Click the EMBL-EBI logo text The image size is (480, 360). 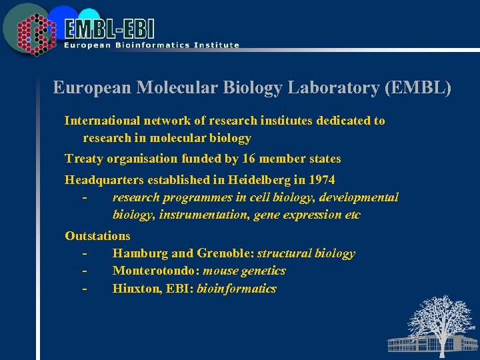(110, 28)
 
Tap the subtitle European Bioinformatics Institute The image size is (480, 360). (151, 45)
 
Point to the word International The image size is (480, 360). (102, 121)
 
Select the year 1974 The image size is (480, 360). (321, 180)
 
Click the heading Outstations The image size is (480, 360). (97, 235)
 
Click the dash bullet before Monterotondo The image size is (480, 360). (85, 271)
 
